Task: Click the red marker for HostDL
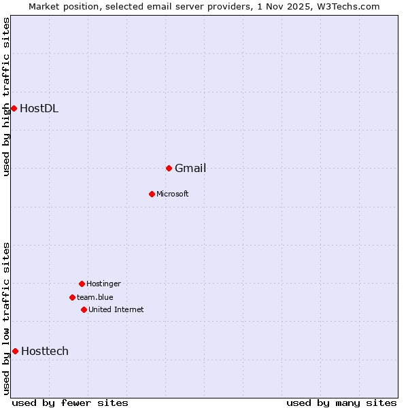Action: click(14, 108)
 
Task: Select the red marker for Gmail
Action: click(169, 168)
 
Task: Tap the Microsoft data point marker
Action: click(152, 194)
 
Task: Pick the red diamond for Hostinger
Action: click(82, 284)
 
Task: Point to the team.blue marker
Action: click(72, 297)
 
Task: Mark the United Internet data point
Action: click(84, 309)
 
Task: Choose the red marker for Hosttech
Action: click(15, 351)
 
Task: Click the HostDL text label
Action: click(39, 108)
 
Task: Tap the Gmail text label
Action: click(190, 169)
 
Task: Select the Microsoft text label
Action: click(172, 194)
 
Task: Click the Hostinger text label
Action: click(103, 284)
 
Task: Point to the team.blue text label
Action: click(95, 297)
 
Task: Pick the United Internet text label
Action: click(116, 309)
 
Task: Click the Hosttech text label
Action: click(45, 351)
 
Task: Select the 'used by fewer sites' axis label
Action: click(70, 403)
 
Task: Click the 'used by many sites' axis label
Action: click(341, 403)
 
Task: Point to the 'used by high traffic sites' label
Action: click(6, 97)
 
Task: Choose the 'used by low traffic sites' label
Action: click(6, 318)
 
